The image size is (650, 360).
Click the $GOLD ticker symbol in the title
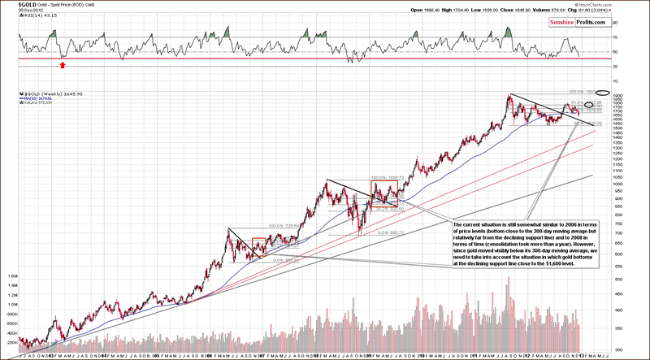(x=13, y=4)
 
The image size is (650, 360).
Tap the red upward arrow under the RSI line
(x=63, y=63)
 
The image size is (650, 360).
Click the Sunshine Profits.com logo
(x=569, y=24)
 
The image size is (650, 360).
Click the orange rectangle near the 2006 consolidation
(x=259, y=245)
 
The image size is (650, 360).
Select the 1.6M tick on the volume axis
(x=15, y=275)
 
